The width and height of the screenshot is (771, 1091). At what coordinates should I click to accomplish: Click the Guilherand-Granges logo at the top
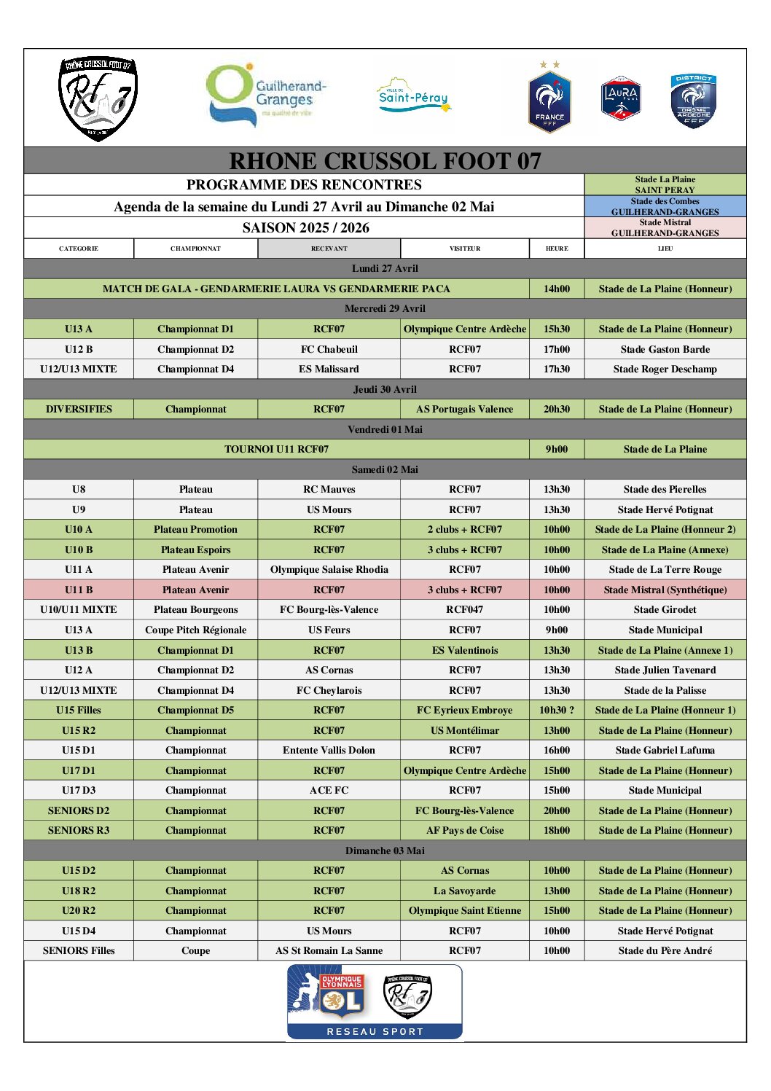(266, 95)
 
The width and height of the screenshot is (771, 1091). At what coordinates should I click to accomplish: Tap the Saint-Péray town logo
(413, 96)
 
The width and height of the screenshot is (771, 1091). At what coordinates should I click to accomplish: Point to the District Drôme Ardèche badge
(693, 101)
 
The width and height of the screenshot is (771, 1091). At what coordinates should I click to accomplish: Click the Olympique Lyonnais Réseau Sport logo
(375, 1001)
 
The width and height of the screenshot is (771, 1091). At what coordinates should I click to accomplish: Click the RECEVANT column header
(329, 249)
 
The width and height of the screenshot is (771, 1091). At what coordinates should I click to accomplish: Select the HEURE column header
(557, 249)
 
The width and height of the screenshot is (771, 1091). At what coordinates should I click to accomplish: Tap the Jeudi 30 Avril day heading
(385, 389)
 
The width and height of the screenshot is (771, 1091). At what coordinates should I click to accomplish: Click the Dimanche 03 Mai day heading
(385, 850)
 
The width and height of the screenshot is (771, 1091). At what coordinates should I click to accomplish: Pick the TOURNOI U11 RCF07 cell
(276, 449)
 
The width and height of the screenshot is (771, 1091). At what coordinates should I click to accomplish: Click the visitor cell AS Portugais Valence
(465, 409)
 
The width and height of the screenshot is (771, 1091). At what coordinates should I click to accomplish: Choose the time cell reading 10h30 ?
(557, 710)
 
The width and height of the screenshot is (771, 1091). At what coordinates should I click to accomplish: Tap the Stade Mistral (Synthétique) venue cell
(665, 590)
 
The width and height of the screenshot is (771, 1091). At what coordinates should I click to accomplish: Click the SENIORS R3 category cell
(79, 830)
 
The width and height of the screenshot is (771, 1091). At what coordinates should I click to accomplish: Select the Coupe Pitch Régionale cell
(195, 630)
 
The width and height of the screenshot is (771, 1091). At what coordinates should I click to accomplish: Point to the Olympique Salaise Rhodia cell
(329, 569)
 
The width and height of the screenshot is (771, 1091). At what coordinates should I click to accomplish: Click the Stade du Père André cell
(665, 950)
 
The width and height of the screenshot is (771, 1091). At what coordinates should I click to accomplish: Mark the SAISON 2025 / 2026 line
(305, 227)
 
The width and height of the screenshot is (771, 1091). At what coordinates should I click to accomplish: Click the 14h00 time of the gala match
(557, 289)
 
